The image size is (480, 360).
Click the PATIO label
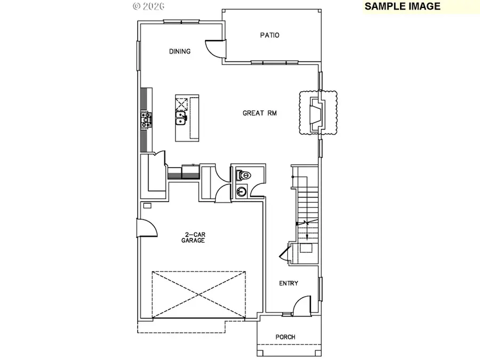tap(269, 35)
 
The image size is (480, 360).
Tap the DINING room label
tap(180, 51)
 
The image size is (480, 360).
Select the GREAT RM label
tap(259, 113)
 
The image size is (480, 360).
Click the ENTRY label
tap(289, 283)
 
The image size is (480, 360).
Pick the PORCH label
tap(285, 337)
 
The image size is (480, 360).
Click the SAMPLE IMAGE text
tap(403, 6)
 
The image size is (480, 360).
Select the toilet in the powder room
tap(245, 175)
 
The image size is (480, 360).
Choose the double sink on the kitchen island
tap(181, 118)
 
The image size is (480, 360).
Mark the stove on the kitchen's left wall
tap(146, 121)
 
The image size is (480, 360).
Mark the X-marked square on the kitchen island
tap(181, 103)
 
